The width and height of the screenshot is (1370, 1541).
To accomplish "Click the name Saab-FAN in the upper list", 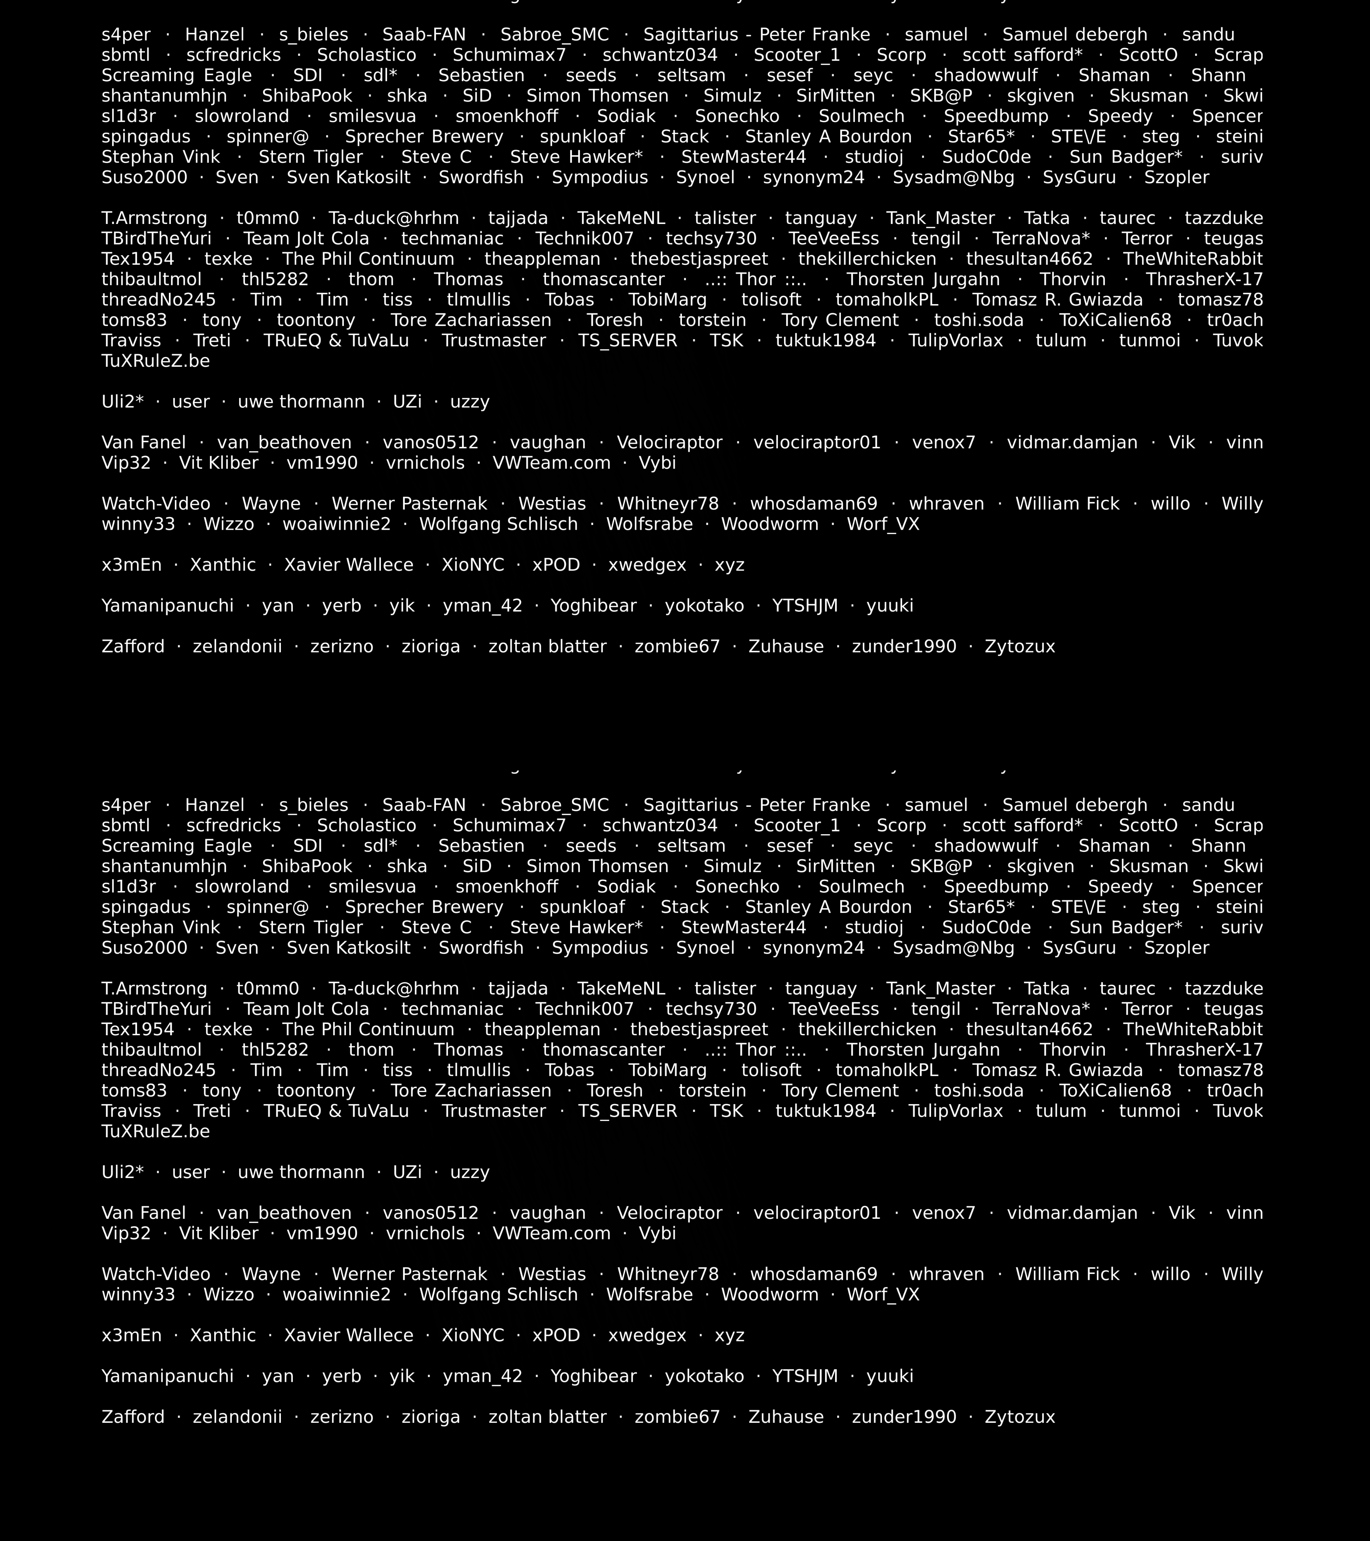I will coord(424,35).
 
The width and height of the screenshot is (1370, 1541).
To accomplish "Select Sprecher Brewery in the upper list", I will coord(424,136).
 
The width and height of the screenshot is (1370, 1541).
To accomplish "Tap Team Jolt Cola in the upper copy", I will coord(306,238).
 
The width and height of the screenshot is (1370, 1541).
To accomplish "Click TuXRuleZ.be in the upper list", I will coord(155,361).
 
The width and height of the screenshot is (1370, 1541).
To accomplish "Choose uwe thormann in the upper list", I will coord(301,402).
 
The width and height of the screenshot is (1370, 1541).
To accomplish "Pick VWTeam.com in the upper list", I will coord(551,463).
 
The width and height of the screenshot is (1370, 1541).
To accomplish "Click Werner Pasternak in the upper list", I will coord(409,504).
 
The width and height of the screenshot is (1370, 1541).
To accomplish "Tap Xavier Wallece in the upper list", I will coord(348,565).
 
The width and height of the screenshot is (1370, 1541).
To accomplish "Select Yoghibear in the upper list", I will coord(594,605).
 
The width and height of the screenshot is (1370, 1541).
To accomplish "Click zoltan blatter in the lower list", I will coord(547,1417).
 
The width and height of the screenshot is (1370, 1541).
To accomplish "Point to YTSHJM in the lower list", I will coord(805,1376).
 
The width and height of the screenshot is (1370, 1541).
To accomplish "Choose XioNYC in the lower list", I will coord(473,1335).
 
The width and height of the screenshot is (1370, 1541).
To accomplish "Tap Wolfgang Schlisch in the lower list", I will coord(498,1294).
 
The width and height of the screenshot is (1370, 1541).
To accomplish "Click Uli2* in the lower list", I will coord(122,1172).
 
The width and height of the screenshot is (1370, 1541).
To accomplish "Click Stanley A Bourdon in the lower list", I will coord(828,907).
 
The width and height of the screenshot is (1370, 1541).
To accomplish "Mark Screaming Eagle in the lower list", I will coord(176,846).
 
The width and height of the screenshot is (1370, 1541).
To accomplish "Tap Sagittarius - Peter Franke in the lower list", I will coord(756,805).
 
